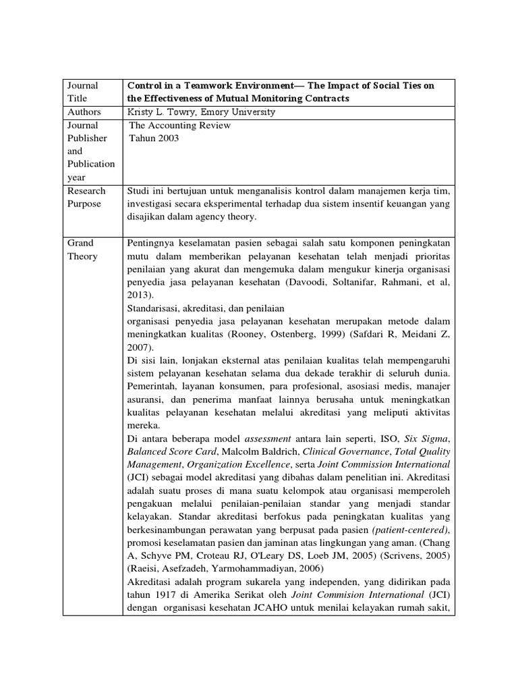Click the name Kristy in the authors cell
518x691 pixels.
[x=140, y=112]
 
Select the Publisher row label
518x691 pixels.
[x=86, y=138]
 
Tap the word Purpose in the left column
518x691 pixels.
[x=85, y=204]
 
